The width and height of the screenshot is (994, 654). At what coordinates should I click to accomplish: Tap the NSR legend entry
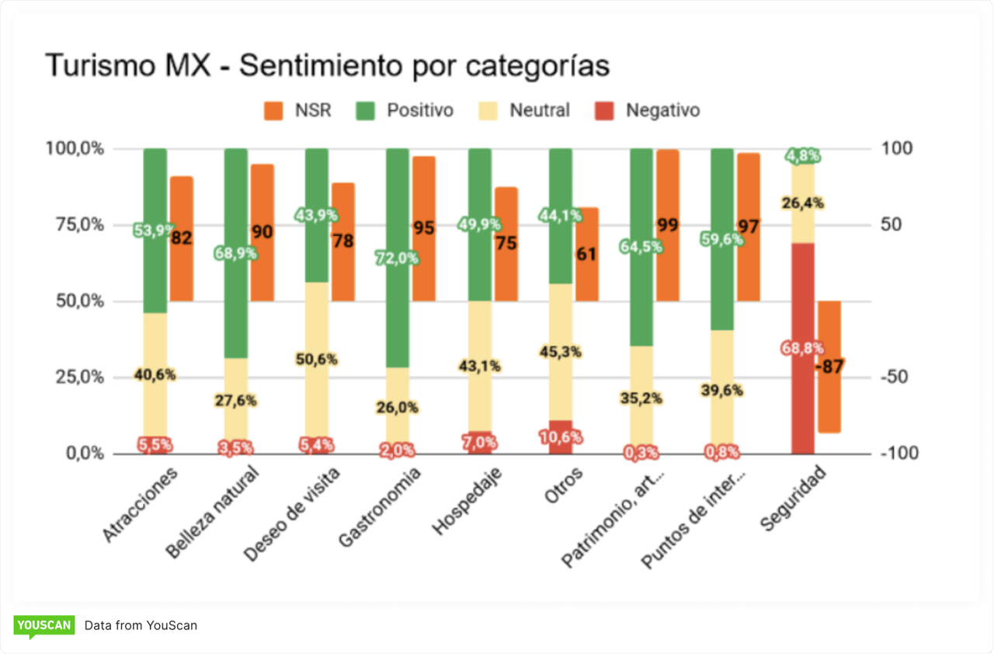pos(298,110)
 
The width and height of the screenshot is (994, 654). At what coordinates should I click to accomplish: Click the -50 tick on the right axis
pos(901,377)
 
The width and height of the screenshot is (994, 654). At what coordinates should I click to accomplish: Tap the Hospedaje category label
pos(467,501)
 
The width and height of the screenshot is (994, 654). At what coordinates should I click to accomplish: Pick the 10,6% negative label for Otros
pos(561,437)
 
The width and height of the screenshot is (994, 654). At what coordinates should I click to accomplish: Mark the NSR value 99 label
pos(667,226)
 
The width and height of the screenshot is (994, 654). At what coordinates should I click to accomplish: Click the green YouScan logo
pos(43,625)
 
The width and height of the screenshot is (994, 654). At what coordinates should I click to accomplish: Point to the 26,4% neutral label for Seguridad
pos(803,204)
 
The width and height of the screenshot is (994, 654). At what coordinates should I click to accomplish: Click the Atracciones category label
pos(141,504)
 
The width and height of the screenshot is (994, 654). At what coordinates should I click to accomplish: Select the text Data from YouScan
pos(141,625)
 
